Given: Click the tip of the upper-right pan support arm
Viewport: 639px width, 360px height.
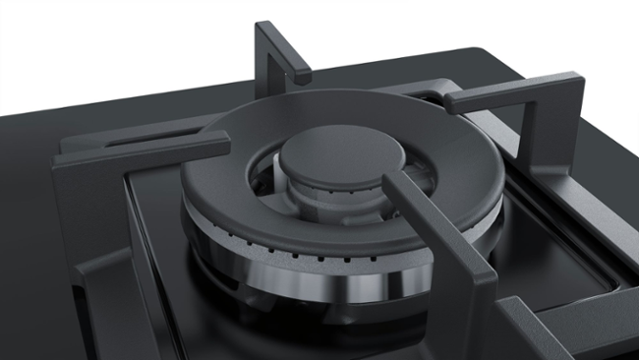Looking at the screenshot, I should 452,98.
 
